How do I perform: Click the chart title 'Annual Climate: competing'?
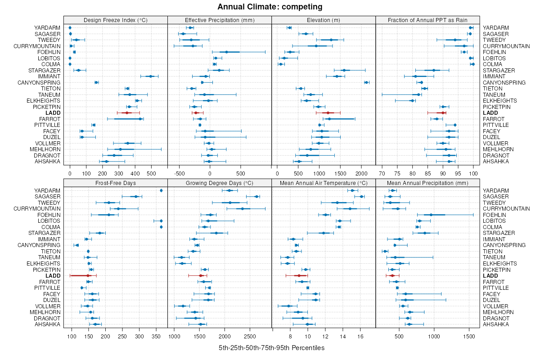(x=270, y=7)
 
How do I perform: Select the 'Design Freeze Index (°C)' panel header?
(x=116, y=20)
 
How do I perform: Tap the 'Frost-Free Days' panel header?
(x=116, y=183)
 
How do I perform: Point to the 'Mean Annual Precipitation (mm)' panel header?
(x=427, y=183)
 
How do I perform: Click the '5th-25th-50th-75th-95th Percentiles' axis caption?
(x=271, y=348)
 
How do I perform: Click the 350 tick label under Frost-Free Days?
(x=157, y=336)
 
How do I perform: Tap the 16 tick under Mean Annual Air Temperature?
(x=360, y=336)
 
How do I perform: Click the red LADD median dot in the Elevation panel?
(x=328, y=112)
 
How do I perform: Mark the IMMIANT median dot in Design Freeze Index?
(x=151, y=76)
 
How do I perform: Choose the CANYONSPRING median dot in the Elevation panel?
(x=366, y=82)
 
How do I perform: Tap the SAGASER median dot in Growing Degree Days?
(x=256, y=197)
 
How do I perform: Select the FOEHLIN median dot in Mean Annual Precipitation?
(x=431, y=215)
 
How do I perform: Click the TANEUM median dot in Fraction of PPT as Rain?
(x=418, y=94)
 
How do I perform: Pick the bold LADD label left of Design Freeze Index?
(x=53, y=112)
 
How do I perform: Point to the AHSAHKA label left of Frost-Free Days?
(x=47, y=324)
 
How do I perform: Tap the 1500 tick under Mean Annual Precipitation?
(x=469, y=336)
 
